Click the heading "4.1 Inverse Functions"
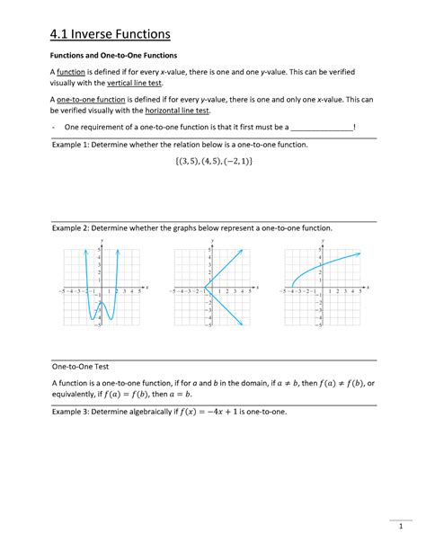[109, 34]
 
